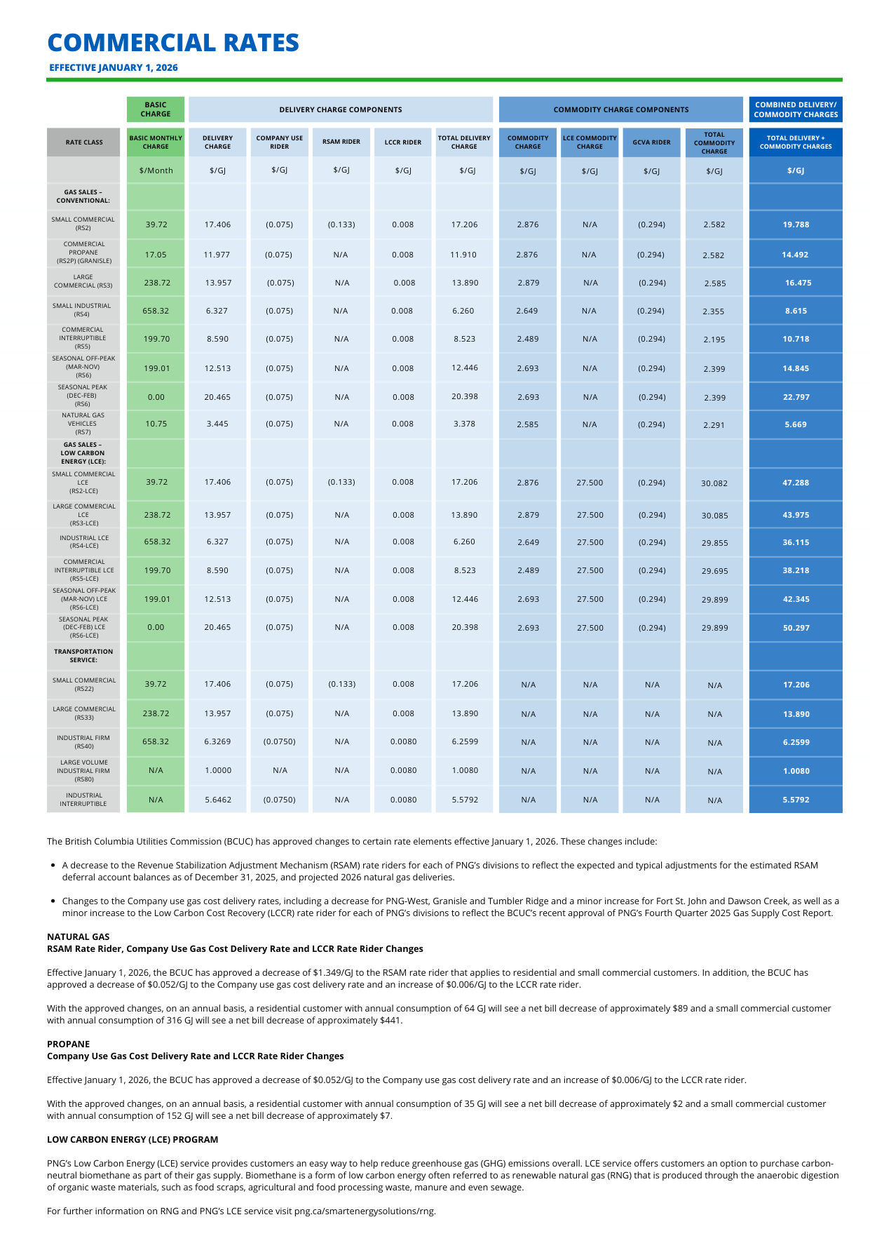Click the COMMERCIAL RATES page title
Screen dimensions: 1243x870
(x=173, y=43)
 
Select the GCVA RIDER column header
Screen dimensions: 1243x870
(x=651, y=142)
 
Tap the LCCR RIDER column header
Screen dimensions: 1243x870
(x=402, y=142)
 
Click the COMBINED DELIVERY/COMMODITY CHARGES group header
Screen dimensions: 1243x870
(x=796, y=110)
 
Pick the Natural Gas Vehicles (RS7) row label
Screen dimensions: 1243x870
(x=83, y=424)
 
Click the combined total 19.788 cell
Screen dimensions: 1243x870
(x=796, y=225)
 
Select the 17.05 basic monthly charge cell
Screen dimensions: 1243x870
(x=156, y=255)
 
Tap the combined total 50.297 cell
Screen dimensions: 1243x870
(x=796, y=628)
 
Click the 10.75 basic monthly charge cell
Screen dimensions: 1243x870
(x=156, y=424)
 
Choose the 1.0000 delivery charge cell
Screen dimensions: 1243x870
(x=217, y=771)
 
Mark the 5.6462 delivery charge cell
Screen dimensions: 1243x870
(x=217, y=800)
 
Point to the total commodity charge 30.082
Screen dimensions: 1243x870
(x=714, y=483)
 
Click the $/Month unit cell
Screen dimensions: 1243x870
(x=156, y=170)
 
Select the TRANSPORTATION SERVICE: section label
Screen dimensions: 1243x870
(x=83, y=656)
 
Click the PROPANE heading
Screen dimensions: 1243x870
(x=69, y=1044)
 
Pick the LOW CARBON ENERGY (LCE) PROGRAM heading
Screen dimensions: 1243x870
(x=132, y=1140)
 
